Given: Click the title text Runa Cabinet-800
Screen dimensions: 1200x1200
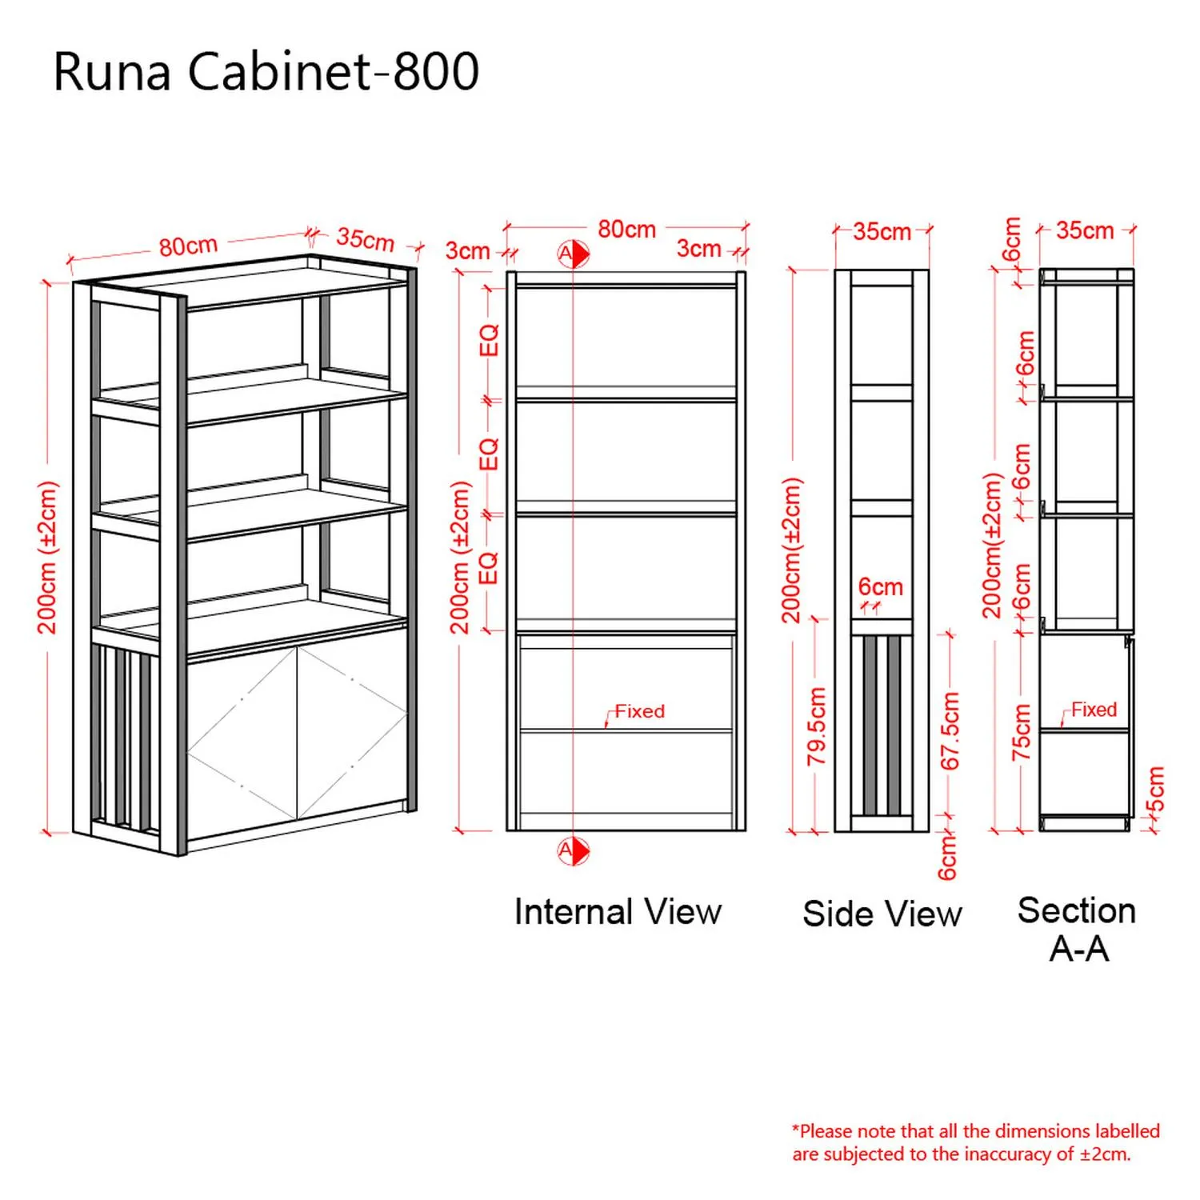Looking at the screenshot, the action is pyautogui.click(x=266, y=71).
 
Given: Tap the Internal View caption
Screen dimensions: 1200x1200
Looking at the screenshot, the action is pyautogui.click(x=618, y=912).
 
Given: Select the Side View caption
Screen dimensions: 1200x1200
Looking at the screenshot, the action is pyautogui.click(x=882, y=914).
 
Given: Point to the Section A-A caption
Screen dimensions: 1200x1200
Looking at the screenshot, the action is pyautogui.click(x=1078, y=930).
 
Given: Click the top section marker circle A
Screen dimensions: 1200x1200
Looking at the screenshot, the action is pyautogui.click(x=573, y=254).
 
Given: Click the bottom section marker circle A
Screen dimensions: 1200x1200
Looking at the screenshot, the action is pyautogui.click(x=573, y=850).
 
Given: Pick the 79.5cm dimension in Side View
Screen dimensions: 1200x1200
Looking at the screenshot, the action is pyautogui.click(x=816, y=726).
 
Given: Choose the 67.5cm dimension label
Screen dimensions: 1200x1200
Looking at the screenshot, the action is pyautogui.click(x=950, y=731).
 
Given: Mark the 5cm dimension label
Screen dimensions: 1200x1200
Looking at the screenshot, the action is pyautogui.click(x=1155, y=790).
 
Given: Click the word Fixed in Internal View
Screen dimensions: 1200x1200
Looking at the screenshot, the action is pyautogui.click(x=639, y=711).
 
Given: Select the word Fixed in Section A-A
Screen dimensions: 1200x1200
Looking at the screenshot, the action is pyautogui.click(x=1094, y=710).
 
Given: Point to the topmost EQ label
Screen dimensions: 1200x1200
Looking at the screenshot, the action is pyautogui.click(x=489, y=340).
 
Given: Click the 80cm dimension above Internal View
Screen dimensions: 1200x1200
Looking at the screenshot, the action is pyautogui.click(x=626, y=230).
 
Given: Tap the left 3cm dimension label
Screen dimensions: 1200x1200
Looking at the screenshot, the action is pyautogui.click(x=467, y=250).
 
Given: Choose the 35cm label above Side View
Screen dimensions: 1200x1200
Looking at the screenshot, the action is pyautogui.click(x=882, y=232).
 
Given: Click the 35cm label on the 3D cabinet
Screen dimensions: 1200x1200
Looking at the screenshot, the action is pyautogui.click(x=366, y=238).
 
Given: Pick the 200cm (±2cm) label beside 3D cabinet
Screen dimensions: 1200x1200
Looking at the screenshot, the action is pyautogui.click(x=48, y=558).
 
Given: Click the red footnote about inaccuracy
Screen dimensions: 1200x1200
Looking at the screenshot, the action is pyautogui.click(x=976, y=1142).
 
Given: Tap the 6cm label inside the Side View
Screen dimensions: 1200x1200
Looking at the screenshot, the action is pyautogui.click(x=880, y=586).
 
